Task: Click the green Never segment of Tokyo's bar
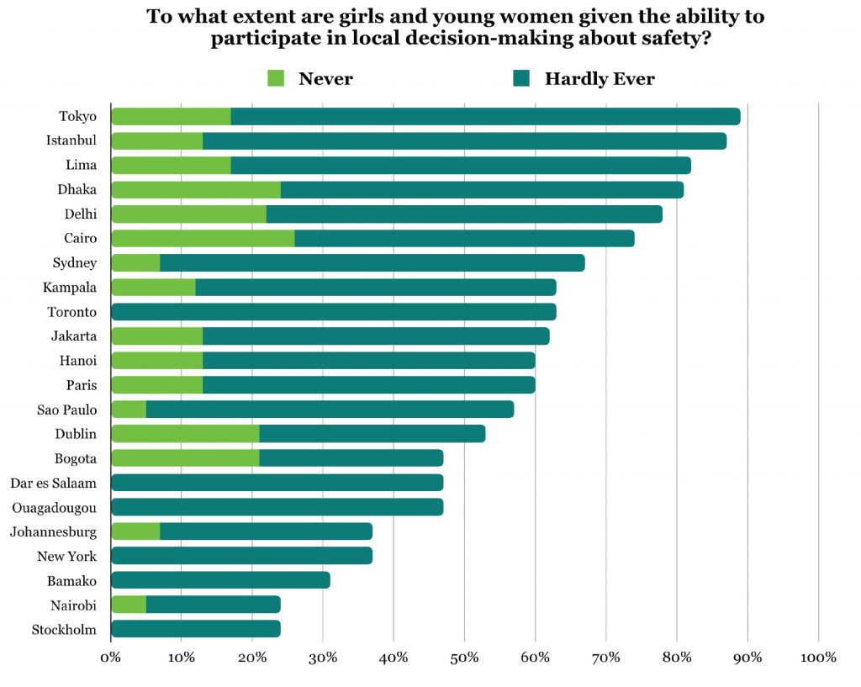tap(171, 116)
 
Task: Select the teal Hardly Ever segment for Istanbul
tap(464, 140)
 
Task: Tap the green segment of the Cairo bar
tap(203, 238)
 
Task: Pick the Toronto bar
tap(333, 312)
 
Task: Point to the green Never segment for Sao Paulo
tap(129, 410)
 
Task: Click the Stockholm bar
tap(195, 629)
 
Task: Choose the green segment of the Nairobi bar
tap(129, 605)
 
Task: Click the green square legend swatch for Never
tap(277, 78)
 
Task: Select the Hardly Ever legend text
tap(599, 79)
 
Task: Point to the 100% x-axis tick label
tap(818, 658)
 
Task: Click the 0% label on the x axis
tap(111, 658)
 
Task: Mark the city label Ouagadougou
tap(54, 507)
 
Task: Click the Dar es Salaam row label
tap(53, 483)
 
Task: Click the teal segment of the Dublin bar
tap(372, 434)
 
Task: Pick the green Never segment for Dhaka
tap(195, 189)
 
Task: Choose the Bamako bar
tap(220, 580)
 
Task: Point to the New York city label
tap(66, 556)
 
